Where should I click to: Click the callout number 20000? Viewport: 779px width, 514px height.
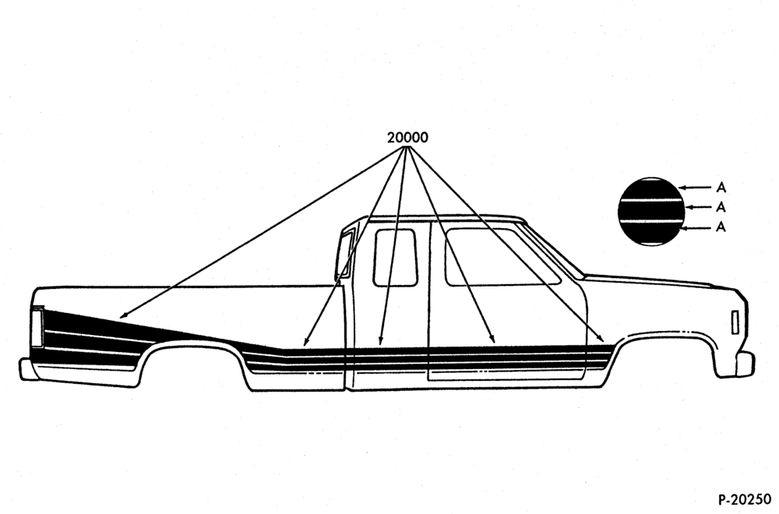tap(407, 138)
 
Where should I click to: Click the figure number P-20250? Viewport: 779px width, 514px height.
tap(744, 499)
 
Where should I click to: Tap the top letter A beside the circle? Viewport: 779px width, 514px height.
tap(721, 188)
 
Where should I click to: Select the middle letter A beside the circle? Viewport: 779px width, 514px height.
tap(721, 207)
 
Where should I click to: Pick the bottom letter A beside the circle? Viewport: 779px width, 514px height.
tap(721, 227)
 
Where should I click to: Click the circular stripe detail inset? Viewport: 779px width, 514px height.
tap(650, 212)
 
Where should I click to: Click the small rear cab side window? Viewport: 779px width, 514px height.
tap(395, 257)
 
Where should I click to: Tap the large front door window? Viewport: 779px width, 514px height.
tap(502, 257)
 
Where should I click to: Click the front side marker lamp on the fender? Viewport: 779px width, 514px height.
tap(735, 322)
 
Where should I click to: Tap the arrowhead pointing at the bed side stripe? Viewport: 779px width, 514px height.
tap(123, 315)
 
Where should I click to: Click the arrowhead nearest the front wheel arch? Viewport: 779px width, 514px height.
tap(601, 340)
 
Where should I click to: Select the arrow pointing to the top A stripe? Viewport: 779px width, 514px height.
tap(695, 187)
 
